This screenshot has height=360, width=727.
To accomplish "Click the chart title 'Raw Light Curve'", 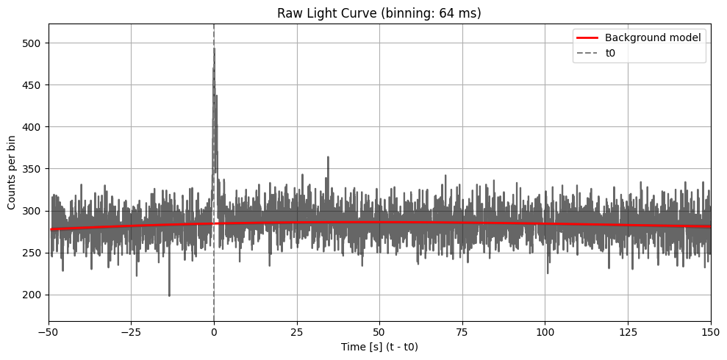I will point(379,12).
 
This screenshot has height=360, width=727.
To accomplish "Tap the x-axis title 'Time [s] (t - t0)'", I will point(379,346).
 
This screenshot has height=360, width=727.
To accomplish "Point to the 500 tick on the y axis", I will point(35,43).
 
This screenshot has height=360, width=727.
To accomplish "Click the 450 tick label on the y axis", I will point(35,85).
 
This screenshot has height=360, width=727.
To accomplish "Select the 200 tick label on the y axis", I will point(35,295).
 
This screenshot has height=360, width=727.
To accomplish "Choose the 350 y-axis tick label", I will point(35,169).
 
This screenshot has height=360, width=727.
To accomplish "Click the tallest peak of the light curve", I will point(214,48).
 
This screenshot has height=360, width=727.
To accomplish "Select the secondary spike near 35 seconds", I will point(328,157).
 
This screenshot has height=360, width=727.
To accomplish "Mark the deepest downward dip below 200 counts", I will point(169,295).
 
